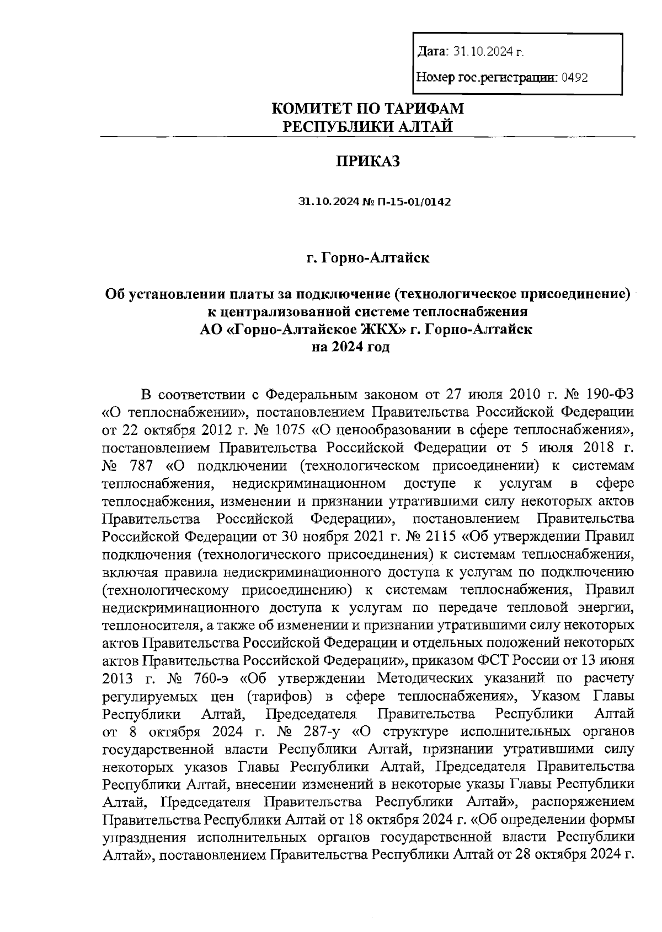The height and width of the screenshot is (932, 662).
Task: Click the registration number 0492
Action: (574, 78)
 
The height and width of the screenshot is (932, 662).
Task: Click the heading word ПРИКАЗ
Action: (367, 161)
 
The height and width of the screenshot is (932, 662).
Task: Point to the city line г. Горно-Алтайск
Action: (368, 258)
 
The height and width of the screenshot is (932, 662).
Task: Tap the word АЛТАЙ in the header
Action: (425, 127)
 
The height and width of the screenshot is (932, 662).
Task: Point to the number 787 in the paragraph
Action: (140, 466)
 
